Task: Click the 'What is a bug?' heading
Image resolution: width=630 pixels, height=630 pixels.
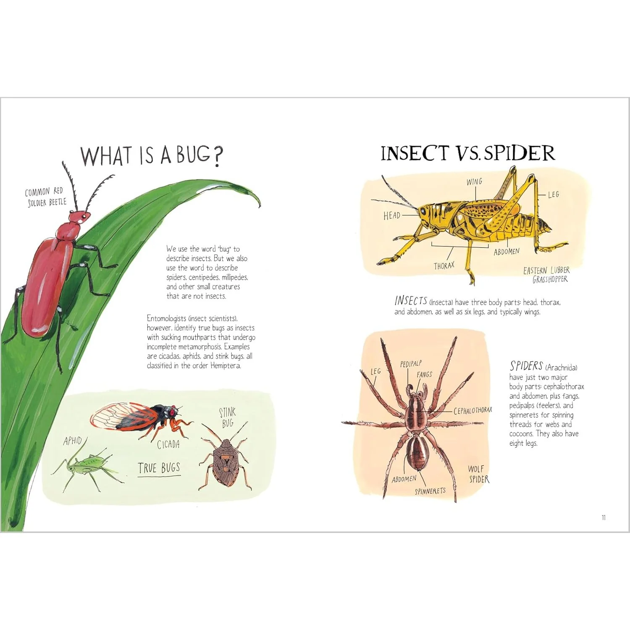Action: (152, 155)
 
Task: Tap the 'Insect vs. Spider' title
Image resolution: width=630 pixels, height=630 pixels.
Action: (467, 153)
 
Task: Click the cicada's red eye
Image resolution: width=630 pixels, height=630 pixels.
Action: (172, 413)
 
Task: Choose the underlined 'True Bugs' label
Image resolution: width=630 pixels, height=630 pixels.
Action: (159, 468)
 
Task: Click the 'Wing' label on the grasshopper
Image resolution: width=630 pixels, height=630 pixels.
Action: (474, 182)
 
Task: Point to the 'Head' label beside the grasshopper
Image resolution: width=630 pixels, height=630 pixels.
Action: (391, 215)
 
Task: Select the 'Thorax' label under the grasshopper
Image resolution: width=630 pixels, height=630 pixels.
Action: (444, 266)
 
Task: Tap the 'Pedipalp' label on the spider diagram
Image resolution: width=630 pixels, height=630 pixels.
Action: (411, 364)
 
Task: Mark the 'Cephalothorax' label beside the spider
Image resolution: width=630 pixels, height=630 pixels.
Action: (472, 410)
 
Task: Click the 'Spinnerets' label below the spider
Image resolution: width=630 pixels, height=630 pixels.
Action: (430, 491)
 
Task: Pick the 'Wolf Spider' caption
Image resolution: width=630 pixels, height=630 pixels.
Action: (478, 474)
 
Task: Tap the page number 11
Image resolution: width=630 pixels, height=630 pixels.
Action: (604, 517)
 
